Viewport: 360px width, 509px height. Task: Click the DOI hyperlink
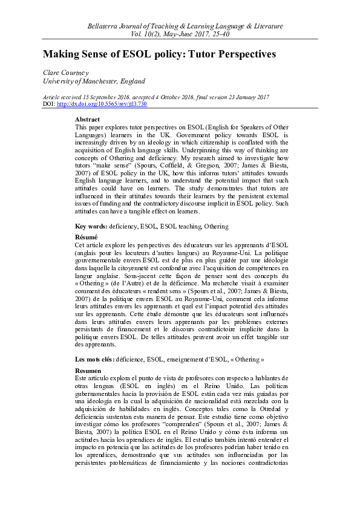(101, 104)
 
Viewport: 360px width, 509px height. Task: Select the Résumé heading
(85, 238)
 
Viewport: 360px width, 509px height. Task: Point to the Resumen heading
(87, 370)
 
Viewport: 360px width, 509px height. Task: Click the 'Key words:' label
(91, 226)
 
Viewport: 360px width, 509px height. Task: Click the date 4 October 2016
(183, 97)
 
